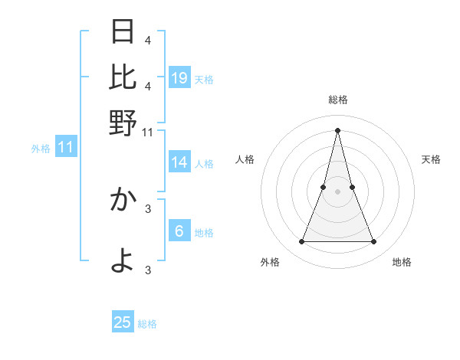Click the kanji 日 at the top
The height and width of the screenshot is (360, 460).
coord(123,33)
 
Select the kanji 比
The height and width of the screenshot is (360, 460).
coord(123,77)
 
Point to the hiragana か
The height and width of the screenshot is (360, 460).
coord(123,200)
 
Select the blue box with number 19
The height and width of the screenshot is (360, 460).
coord(179,77)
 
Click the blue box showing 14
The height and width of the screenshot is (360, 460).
coord(179,162)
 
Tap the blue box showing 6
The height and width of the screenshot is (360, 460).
coord(179,231)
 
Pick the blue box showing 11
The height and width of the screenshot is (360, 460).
coord(65,147)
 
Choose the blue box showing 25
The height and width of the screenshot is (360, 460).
coord(123,322)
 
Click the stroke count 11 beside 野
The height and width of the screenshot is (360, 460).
coord(148,132)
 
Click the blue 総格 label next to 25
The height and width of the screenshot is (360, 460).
coord(147,324)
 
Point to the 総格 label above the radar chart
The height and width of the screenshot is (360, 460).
coord(337,100)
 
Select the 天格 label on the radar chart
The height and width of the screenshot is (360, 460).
coord(431,159)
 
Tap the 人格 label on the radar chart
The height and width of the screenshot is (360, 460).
coord(245,159)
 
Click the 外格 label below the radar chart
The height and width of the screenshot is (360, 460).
coord(269,262)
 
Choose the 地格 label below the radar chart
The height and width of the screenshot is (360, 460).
coord(402,262)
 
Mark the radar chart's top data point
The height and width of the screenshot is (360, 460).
coord(337,129)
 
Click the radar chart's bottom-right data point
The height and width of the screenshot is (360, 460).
coord(374,242)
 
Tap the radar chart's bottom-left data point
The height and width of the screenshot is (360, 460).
coord(301,242)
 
